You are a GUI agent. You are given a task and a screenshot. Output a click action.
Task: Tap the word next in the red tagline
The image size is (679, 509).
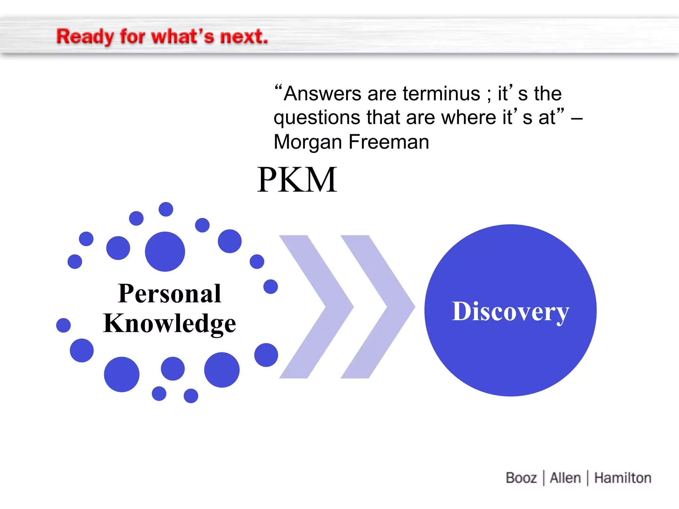[x=243, y=36]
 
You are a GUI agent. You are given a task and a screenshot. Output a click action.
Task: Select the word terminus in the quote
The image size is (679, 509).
[x=441, y=94]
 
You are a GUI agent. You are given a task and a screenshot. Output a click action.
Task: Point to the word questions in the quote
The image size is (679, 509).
[x=317, y=118]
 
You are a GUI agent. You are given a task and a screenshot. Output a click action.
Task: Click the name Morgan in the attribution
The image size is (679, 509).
[x=308, y=142]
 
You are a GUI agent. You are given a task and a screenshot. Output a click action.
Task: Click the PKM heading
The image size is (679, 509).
[x=297, y=180]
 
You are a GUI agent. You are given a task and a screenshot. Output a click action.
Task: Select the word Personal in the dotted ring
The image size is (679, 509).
[x=169, y=294]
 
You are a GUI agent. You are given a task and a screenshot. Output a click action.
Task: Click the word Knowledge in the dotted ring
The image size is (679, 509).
[x=169, y=323]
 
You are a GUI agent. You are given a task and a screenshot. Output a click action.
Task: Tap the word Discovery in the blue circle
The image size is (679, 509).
[x=511, y=311]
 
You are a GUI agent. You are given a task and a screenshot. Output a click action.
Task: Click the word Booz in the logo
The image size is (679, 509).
[x=521, y=478]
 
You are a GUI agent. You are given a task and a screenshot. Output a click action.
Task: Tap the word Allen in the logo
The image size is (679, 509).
[x=565, y=478]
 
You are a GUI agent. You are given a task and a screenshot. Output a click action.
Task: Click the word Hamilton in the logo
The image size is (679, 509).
[x=623, y=478]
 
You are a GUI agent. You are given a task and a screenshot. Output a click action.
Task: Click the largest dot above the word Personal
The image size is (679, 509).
[x=165, y=252]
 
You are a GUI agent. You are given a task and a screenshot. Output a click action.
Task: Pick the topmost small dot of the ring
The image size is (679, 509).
[x=166, y=209]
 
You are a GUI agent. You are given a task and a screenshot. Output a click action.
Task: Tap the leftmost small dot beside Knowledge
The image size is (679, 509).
[x=63, y=325]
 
